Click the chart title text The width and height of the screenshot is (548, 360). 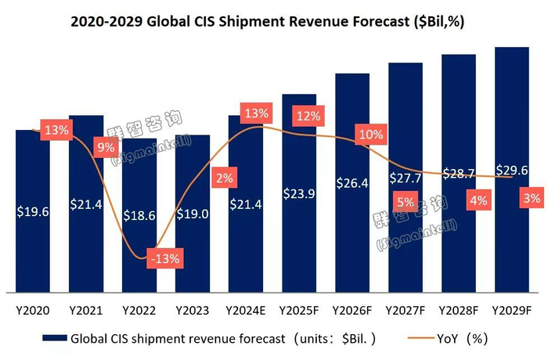click(x=274, y=21)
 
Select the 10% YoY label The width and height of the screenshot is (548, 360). click(x=369, y=134)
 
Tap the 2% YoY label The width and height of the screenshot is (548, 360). click(x=225, y=178)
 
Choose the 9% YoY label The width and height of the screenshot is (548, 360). click(x=106, y=146)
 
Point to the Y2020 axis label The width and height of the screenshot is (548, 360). click(x=33, y=311)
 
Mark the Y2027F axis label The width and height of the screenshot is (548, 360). click(x=406, y=311)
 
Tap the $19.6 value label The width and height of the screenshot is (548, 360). click(x=32, y=211)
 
